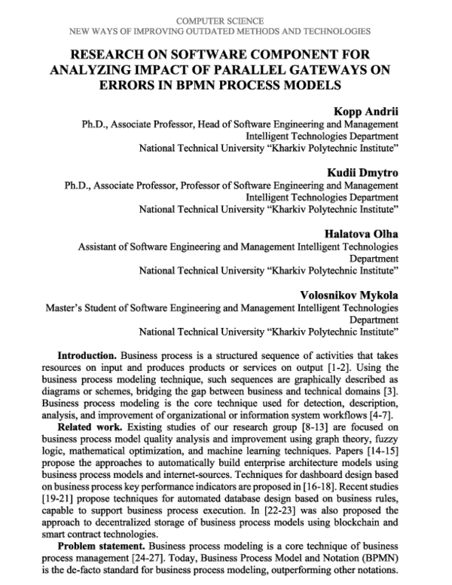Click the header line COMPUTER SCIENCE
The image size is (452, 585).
[225, 20]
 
